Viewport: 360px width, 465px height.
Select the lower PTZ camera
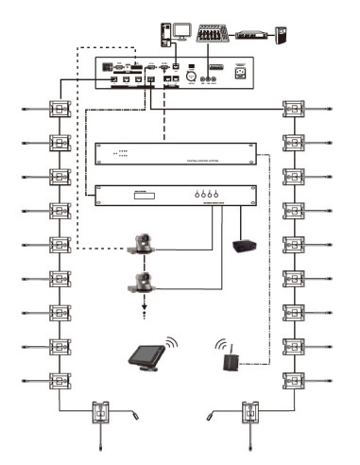144,280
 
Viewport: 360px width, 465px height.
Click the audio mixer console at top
214,35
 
